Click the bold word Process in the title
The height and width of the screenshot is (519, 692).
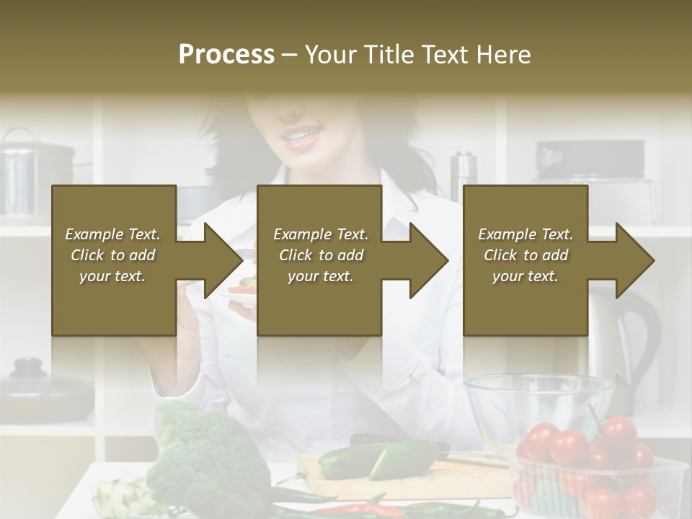click(x=226, y=54)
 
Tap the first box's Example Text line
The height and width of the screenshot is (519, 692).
click(x=112, y=234)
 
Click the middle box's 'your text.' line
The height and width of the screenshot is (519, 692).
click(x=320, y=276)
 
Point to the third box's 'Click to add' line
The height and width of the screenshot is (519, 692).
click(x=525, y=255)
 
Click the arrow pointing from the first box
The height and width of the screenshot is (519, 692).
click(x=209, y=260)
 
